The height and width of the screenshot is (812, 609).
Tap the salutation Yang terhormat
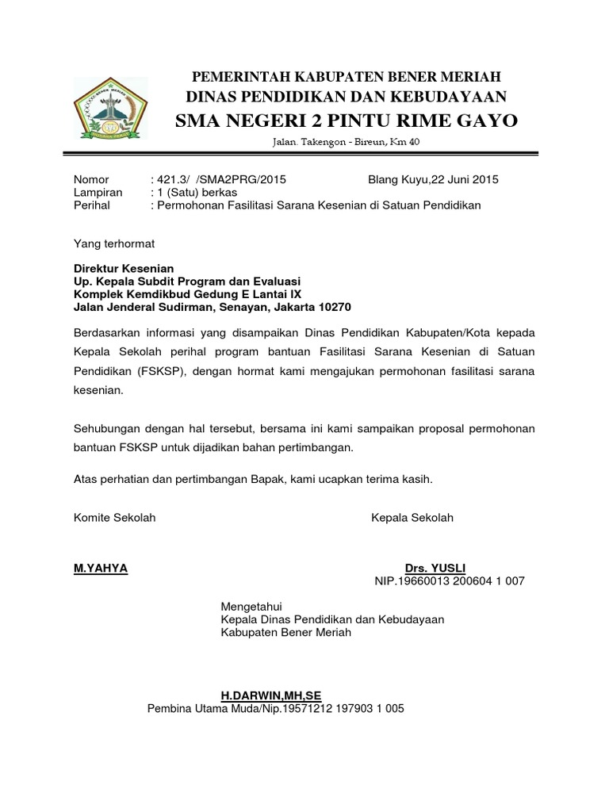(x=114, y=243)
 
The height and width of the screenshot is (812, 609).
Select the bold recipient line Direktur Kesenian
(x=124, y=269)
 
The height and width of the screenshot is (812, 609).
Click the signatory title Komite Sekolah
(x=114, y=518)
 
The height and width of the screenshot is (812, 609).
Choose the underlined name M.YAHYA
(x=100, y=569)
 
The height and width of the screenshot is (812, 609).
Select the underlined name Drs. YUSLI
(x=435, y=569)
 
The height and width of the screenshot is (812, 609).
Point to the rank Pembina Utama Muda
(x=198, y=708)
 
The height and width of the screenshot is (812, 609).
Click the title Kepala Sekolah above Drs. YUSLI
(x=412, y=518)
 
